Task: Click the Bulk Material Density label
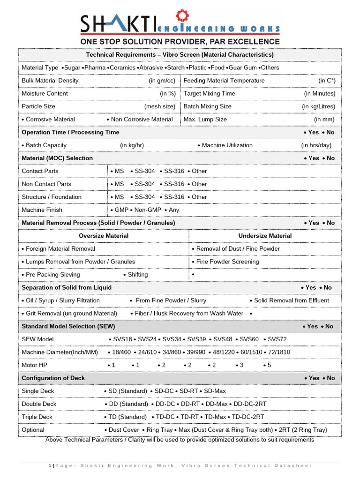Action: coord(50,81)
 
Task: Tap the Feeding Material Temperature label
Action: coord(224,81)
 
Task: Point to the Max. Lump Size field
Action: coord(205,119)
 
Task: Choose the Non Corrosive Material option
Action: coord(142,119)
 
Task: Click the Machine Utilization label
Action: coord(227,145)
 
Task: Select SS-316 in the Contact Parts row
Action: coord(173,171)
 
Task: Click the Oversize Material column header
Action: coord(104,236)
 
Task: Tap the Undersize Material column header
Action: coord(265,236)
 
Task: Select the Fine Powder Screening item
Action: coord(227,262)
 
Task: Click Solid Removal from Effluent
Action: coord(291,300)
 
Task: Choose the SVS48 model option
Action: coord(223,339)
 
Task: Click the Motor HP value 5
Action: coord(269,365)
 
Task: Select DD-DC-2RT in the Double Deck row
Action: coord(250,404)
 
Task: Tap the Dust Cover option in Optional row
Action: coord(124,430)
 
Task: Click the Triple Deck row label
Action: coord(37,417)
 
